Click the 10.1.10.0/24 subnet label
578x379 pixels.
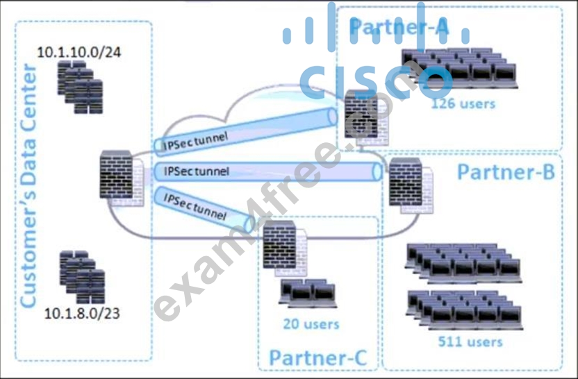click(79, 52)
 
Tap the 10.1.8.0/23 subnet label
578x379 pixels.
click(82, 313)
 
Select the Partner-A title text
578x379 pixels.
click(399, 26)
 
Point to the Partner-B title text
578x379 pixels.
click(506, 171)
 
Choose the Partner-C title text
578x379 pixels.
click(318, 357)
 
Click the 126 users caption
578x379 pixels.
click(463, 103)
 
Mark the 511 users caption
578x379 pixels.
click(470, 342)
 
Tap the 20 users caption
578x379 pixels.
click(311, 323)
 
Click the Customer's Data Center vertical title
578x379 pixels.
click(28, 185)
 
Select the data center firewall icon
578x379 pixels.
click(122, 178)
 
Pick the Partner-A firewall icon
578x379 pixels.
click(367, 118)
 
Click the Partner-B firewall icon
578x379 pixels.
click(411, 185)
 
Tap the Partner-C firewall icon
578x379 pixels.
click(285, 249)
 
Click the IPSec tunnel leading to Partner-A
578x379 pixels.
click(246, 130)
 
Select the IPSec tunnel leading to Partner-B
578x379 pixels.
click(268, 171)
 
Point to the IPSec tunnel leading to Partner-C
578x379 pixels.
click(204, 208)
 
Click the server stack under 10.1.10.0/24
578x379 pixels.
click(80, 87)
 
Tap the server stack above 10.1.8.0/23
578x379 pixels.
click(82, 277)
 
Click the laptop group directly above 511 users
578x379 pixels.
click(465, 310)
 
